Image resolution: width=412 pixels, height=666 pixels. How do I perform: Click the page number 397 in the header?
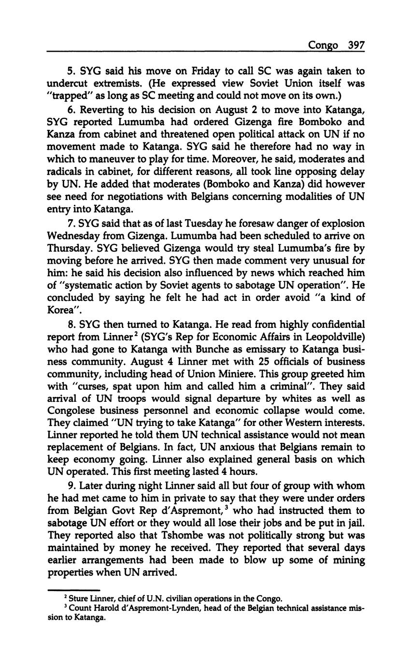[356, 45]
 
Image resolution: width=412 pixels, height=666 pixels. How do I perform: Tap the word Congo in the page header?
[324, 45]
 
